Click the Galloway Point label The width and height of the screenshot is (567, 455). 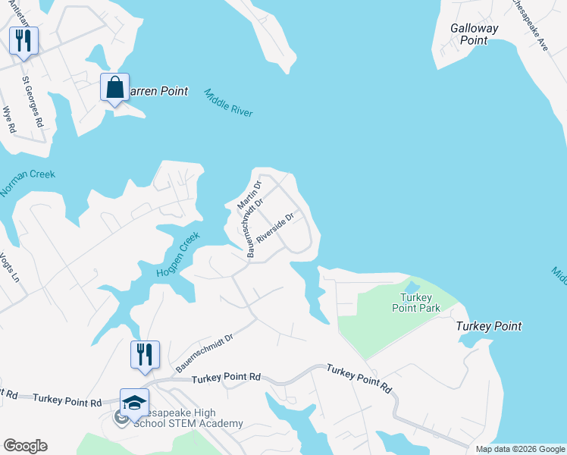[x=475, y=34]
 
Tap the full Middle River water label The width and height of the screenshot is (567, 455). [x=228, y=102]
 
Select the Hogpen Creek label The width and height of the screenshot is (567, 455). [x=177, y=255]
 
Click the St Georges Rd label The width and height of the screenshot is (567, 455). [x=33, y=101]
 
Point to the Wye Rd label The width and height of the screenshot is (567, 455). [x=9, y=119]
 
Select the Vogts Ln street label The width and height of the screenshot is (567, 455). [x=8, y=267]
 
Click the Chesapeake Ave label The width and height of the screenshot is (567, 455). [x=528, y=25]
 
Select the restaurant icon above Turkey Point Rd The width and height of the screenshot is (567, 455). [x=145, y=354]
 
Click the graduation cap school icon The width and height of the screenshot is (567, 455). [x=134, y=403]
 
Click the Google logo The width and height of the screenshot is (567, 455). [x=25, y=446]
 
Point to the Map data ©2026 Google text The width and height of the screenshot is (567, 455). [x=520, y=449]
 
